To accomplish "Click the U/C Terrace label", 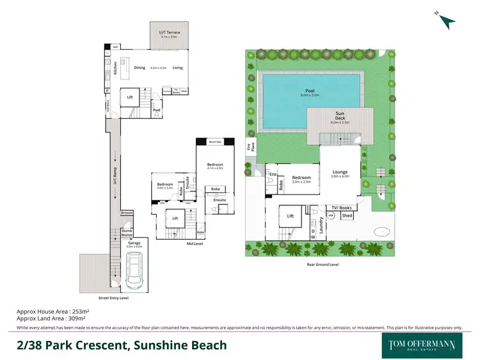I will pos(169,33).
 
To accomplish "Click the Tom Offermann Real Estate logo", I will pos(422,346).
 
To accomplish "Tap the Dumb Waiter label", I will pos(127,233).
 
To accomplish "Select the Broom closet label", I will pos(127,213).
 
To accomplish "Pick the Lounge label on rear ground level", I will pos(339,171).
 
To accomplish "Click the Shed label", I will pos(346,216).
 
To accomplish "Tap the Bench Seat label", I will pos(215,142).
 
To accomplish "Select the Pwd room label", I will pos(156,110).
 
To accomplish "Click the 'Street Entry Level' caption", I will pos(113,298).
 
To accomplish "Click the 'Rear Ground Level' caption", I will pos(323,264).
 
